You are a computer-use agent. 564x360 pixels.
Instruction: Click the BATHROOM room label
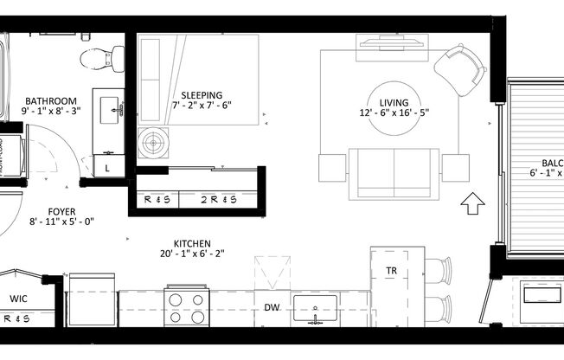pyautogui.click(x=51, y=100)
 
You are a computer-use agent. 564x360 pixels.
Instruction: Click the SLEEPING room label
pyautogui.click(x=202, y=95)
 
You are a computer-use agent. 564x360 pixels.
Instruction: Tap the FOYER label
pyautogui.click(x=61, y=211)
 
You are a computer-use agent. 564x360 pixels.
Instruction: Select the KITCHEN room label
pyautogui.click(x=192, y=244)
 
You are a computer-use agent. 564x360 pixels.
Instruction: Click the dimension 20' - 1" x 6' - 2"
pyautogui.click(x=192, y=254)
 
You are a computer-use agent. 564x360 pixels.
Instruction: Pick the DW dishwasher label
pyautogui.click(x=272, y=306)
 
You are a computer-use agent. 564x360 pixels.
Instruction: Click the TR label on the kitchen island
pyautogui.click(x=391, y=272)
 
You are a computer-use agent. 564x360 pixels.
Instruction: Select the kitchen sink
pyautogui.click(x=316, y=307)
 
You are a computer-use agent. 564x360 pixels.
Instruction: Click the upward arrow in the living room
pyautogui.click(x=472, y=204)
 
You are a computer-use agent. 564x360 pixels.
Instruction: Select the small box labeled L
pyautogui.click(x=107, y=168)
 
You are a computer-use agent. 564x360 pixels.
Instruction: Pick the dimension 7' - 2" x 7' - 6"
pyautogui.click(x=202, y=106)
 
